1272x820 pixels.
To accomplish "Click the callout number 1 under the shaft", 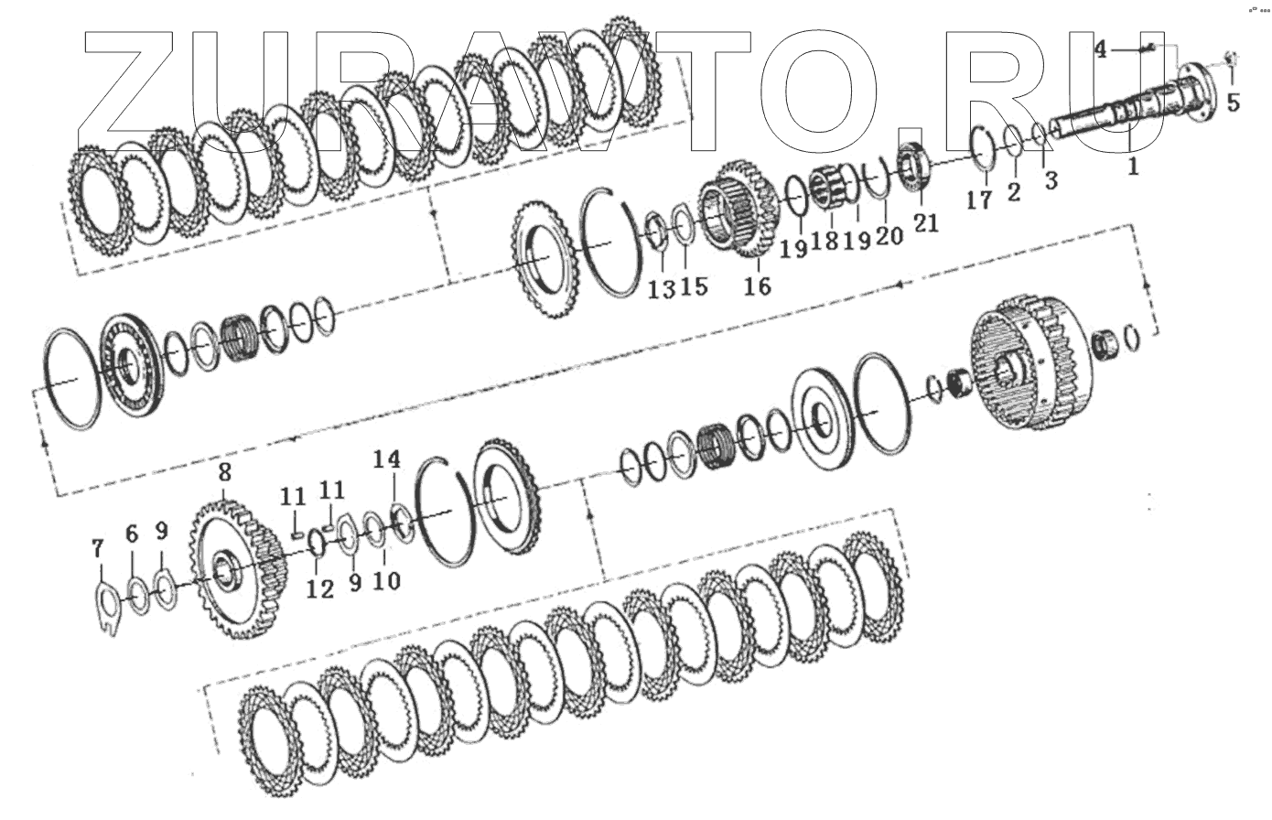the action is coord(1133,167).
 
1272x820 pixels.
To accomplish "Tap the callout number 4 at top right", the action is coord(1101,50).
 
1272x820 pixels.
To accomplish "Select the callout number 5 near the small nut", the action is coord(1233,102).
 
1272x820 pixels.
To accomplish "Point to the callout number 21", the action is coord(925,222).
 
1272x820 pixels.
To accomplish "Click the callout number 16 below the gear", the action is coord(758,286).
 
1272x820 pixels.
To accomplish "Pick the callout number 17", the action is coord(979,200).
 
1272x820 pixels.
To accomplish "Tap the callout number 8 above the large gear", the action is coord(225,472).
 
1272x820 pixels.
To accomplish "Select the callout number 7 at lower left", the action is coord(98,548).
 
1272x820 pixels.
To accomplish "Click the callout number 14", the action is coord(387,459).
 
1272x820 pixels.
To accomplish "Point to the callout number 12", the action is coord(319,589).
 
